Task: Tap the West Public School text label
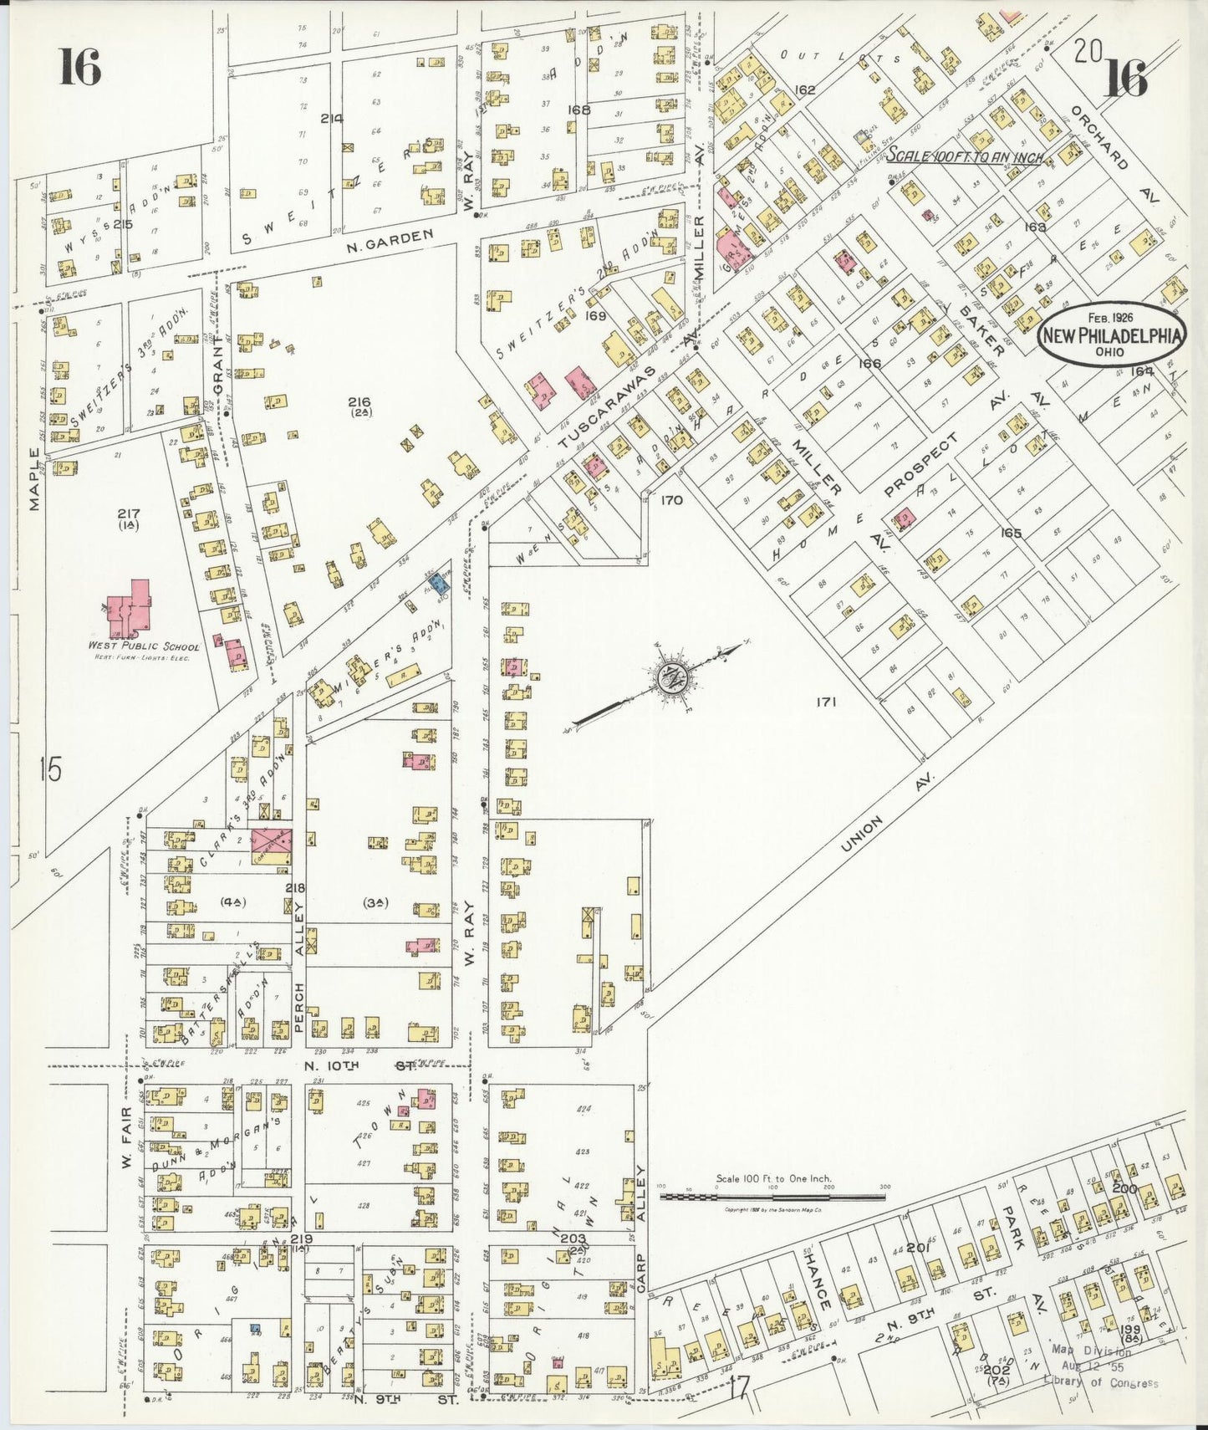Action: coord(144,646)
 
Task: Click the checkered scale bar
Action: coord(773,1197)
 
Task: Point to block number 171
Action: coord(827,702)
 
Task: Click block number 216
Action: coord(360,403)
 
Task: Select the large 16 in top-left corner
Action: coord(79,67)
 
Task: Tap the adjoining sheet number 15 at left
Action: coord(50,768)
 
